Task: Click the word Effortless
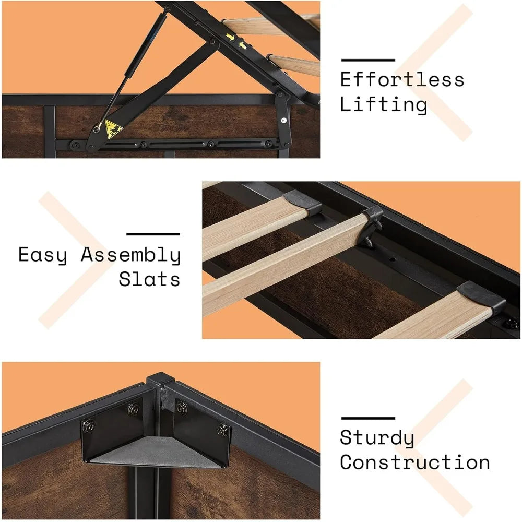402,80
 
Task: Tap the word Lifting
383,104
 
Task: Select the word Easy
43,255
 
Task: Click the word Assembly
130,255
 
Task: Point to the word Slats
149,279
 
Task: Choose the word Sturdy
377,438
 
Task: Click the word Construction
415,462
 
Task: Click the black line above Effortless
367,60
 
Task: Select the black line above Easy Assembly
153,234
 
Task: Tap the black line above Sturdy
367,418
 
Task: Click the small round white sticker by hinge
283,121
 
